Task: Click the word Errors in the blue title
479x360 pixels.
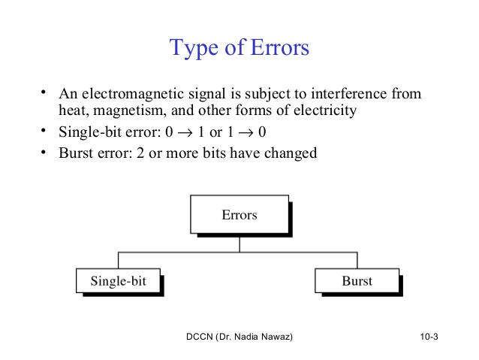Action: click(x=280, y=47)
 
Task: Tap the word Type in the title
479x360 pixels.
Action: click(x=194, y=49)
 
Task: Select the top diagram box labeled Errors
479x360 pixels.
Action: click(x=239, y=214)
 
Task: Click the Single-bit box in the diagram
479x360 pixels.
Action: click(x=118, y=280)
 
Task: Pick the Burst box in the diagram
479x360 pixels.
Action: click(x=357, y=280)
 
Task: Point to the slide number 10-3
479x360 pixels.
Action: click(x=429, y=337)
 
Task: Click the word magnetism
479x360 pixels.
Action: click(x=130, y=110)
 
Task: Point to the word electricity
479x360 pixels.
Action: click(x=325, y=110)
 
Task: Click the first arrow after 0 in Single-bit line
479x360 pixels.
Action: click(x=185, y=133)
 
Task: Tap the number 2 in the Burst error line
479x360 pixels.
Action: click(x=140, y=153)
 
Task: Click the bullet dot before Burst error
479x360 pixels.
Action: click(x=44, y=152)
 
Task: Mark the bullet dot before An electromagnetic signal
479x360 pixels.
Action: click(x=44, y=92)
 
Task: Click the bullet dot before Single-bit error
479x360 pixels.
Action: click(x=44, y=131)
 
